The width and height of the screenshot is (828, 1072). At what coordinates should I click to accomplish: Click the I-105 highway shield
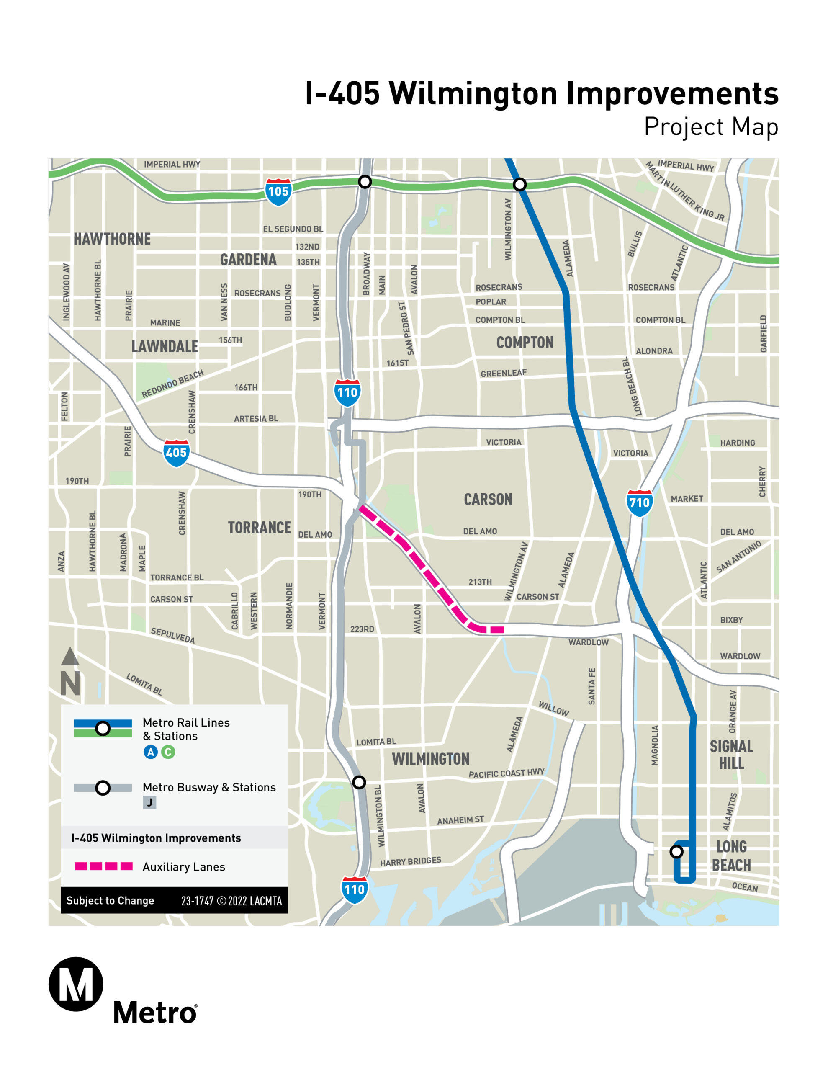coord(278,191)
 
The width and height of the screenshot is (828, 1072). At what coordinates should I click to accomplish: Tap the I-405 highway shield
coord(176,453)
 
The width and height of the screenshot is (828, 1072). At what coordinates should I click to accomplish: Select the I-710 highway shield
coord(639,502)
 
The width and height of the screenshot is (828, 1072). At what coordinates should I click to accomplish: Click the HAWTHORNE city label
coord(112,239)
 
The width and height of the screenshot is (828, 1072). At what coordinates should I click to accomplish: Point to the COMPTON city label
coord(525,342)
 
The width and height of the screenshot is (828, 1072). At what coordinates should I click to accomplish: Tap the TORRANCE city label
coord(259,528)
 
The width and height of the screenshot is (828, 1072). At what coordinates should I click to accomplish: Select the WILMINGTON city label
coord(430,759)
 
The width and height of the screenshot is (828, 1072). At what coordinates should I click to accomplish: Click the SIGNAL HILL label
coord(731,755)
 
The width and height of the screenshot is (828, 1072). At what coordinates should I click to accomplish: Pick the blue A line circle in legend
coord(151,752)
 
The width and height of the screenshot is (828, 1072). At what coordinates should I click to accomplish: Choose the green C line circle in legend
coord(168,752)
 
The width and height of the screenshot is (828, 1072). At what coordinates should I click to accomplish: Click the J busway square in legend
coord(150,802)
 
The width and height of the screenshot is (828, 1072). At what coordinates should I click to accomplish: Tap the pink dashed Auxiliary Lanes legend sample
coord(103,866)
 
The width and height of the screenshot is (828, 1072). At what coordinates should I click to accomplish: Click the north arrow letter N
coord(70,683)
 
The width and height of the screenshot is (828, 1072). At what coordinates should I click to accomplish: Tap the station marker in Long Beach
coord(676,852)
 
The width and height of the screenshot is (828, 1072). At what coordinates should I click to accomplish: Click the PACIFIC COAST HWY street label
coord(506,773)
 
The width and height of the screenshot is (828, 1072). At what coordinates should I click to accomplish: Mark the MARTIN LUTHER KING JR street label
coord(685,191)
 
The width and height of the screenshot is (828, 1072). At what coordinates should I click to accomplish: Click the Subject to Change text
coord(110,901)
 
